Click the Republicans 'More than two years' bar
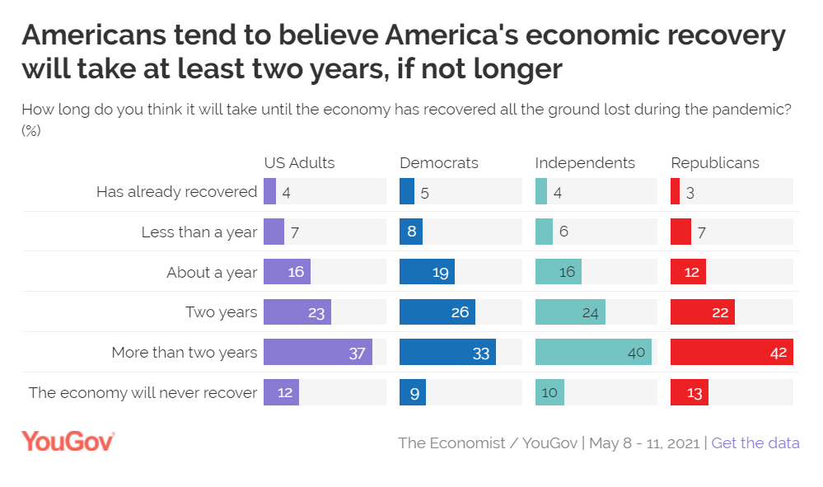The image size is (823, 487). click(x=732, y=353)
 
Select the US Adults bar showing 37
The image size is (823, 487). click(x=317, y=353)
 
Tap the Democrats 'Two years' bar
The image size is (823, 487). click(x=437, y=312)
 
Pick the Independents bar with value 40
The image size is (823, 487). click(x=593, y=353)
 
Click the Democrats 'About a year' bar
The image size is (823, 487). click(x=427, y=272)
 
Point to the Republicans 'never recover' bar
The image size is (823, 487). click(x=690, y=393)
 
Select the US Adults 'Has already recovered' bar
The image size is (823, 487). click(x=269, y=191)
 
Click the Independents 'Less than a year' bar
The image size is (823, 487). click(x=544, y=232)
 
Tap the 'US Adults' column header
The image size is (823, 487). click(x=299, y=162)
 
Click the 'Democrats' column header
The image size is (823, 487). click(x=439, y=162)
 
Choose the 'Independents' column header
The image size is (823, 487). click(x=585, y=162)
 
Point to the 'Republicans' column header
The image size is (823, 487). click(x=715, y=162)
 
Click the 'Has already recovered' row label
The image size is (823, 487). click(x=177, y=192)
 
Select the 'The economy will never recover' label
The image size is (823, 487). click(x=143, y=393)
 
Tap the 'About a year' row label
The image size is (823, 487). click(x=212, y=273)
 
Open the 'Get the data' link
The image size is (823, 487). click(x=755, y=443)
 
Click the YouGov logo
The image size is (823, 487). click(x=68, y=441)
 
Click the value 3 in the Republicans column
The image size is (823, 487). click(x=690, y=192)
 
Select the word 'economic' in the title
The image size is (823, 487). click(x=606, y=36)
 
